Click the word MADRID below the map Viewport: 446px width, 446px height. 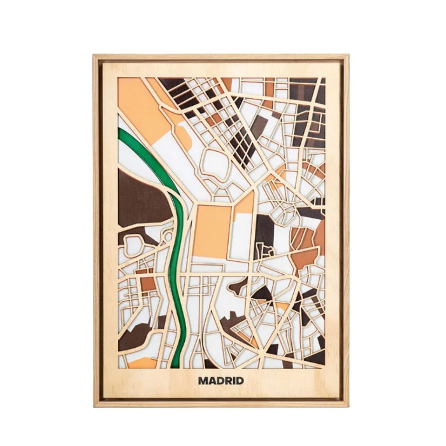point(221,380)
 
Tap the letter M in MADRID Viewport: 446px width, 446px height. point(203,380)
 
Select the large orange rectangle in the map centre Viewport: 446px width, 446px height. point(212,231)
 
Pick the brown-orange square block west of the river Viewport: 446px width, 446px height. point(147,283)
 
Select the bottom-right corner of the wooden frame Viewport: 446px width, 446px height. point(348,406)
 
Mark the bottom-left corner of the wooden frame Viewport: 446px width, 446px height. point(95,406)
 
